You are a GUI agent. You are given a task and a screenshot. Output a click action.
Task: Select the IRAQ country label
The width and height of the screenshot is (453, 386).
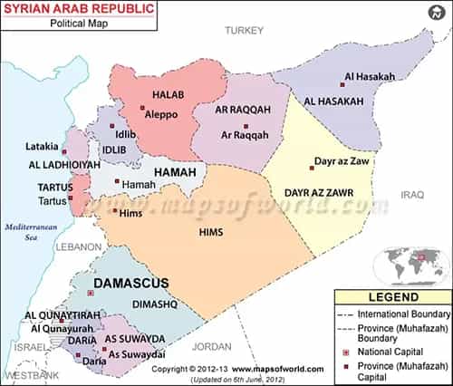[x=412, y=194]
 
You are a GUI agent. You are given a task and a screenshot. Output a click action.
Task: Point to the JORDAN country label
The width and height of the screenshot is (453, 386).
[x=213, y=345]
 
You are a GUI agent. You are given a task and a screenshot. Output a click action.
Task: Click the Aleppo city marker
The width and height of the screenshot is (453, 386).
[x=141, y=109]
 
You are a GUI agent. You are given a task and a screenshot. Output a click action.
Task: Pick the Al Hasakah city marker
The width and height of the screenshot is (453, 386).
[x=339, y=77]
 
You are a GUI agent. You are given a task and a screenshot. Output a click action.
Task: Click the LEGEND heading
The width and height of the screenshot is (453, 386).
[x=392, y=297]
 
